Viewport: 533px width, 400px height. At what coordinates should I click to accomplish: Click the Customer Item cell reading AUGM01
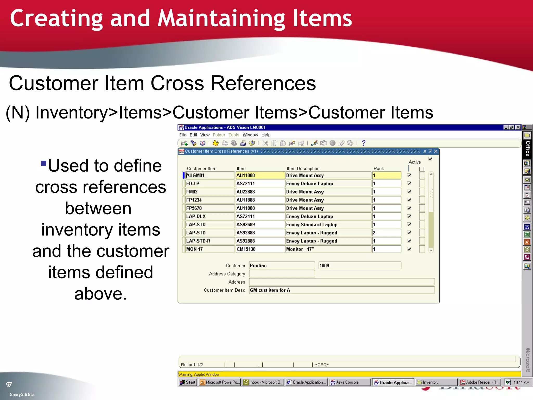pyautogui.click(x=210, y=175)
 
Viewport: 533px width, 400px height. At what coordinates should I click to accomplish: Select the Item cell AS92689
pyautogui.click(x=260, y=224)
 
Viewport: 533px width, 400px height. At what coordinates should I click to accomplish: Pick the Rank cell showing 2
pyautogui.click(x=386, y=233)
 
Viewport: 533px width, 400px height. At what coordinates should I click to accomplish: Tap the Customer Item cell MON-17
pyautogui.click(x=210, y=249)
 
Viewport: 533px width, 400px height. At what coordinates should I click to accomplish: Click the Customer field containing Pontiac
pyautogui.click(x=282, y=266)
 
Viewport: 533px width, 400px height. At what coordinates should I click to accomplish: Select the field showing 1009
pyautogui.click(x=360, y=266)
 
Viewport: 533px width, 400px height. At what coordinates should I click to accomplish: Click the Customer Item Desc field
pyautogui.click(x=341, y=290)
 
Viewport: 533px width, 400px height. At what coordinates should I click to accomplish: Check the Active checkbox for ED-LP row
pyautogui.click(x=409, y=184)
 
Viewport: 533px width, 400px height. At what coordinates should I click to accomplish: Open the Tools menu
pyautogui.click(x=234, y=135)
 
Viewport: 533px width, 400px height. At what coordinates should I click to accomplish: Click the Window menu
pyautogui.click(x=250, y=135)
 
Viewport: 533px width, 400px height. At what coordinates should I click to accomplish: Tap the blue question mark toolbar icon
pyautogui.click(x=364, y=143)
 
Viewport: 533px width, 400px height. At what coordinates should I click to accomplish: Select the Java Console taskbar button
pyautogui.click(x=349, y=382)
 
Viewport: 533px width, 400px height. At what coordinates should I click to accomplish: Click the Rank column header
pyautogui.click(x=379, y=168)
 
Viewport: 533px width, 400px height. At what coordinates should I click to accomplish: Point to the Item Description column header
pyautogui.click(x=303, y=168)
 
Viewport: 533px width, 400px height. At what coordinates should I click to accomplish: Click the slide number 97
pyautogui.click(x=9, y=385)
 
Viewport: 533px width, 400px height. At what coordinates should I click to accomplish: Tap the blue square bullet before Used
pyautogui.click(x=43, y=163)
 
